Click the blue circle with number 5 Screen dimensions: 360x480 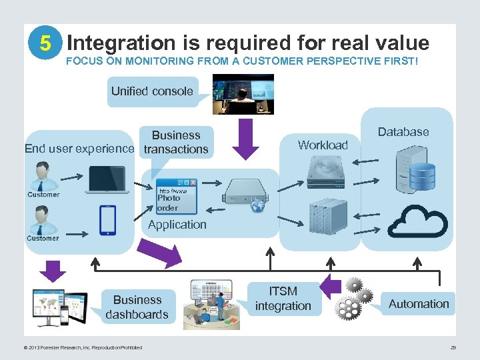pos(45,43)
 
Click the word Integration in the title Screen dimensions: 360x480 pos(120,43)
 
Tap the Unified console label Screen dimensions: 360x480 pos(152,91)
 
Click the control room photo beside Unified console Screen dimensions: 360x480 pos(243,94)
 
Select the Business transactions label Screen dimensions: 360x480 pos(176,142)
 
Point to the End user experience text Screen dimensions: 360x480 pos(79,149)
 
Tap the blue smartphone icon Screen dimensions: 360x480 pos(107,220)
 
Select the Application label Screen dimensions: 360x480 pos(177,225)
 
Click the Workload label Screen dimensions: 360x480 pos(323,145)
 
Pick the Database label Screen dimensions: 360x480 pos(403,132)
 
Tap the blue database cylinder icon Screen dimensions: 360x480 pos(421,175)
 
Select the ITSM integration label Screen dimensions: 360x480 pos(283,299)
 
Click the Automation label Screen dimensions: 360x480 pos(419,304)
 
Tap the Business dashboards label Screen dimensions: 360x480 pos(137,307)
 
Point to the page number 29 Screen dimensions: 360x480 pos(453,347)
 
